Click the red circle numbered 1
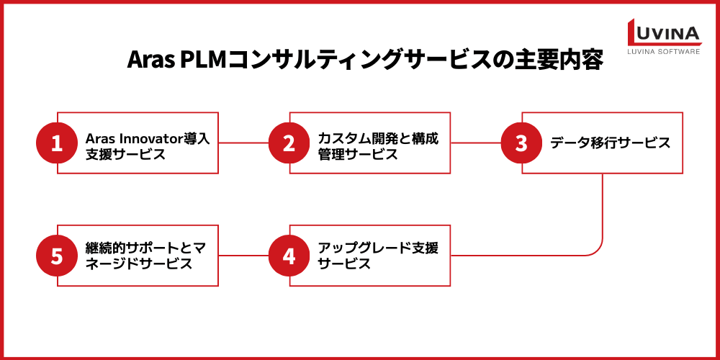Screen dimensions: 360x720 57,143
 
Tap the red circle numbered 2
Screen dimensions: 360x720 289,143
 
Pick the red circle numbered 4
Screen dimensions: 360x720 289,256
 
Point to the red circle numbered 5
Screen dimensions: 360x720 57,256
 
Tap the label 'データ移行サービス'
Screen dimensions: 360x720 611,143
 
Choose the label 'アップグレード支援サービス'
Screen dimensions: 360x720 378,256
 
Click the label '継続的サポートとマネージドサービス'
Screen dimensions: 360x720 147,256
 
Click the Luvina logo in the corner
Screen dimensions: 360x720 662,32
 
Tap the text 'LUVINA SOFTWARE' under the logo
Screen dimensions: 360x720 663,52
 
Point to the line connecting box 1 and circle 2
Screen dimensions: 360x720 243,143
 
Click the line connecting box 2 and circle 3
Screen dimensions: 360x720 475,143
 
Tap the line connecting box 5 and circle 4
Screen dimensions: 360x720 243,256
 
